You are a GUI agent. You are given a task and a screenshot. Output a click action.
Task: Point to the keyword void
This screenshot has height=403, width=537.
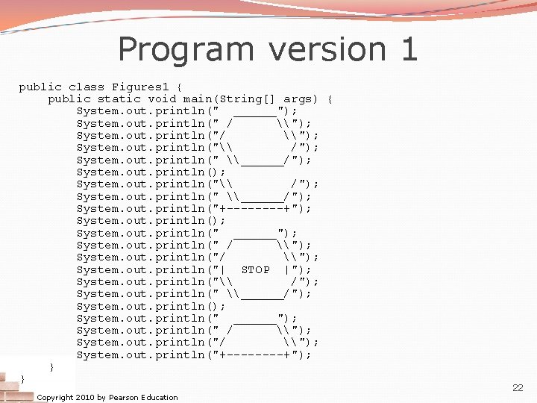click(162, 99)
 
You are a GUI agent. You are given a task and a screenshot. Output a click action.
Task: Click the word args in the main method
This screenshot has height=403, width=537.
click(298, 99)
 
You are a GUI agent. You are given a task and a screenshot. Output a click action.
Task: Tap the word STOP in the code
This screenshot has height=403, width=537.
click(256, 269)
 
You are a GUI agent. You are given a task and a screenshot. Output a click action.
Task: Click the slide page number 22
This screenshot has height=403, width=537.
click(518, 388)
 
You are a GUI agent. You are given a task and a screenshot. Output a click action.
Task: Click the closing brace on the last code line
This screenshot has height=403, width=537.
click(22, 379)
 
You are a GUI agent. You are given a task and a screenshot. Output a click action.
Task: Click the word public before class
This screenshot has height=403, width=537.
click(40, 87)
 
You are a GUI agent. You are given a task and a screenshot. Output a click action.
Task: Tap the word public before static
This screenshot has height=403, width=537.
click(69, 99)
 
